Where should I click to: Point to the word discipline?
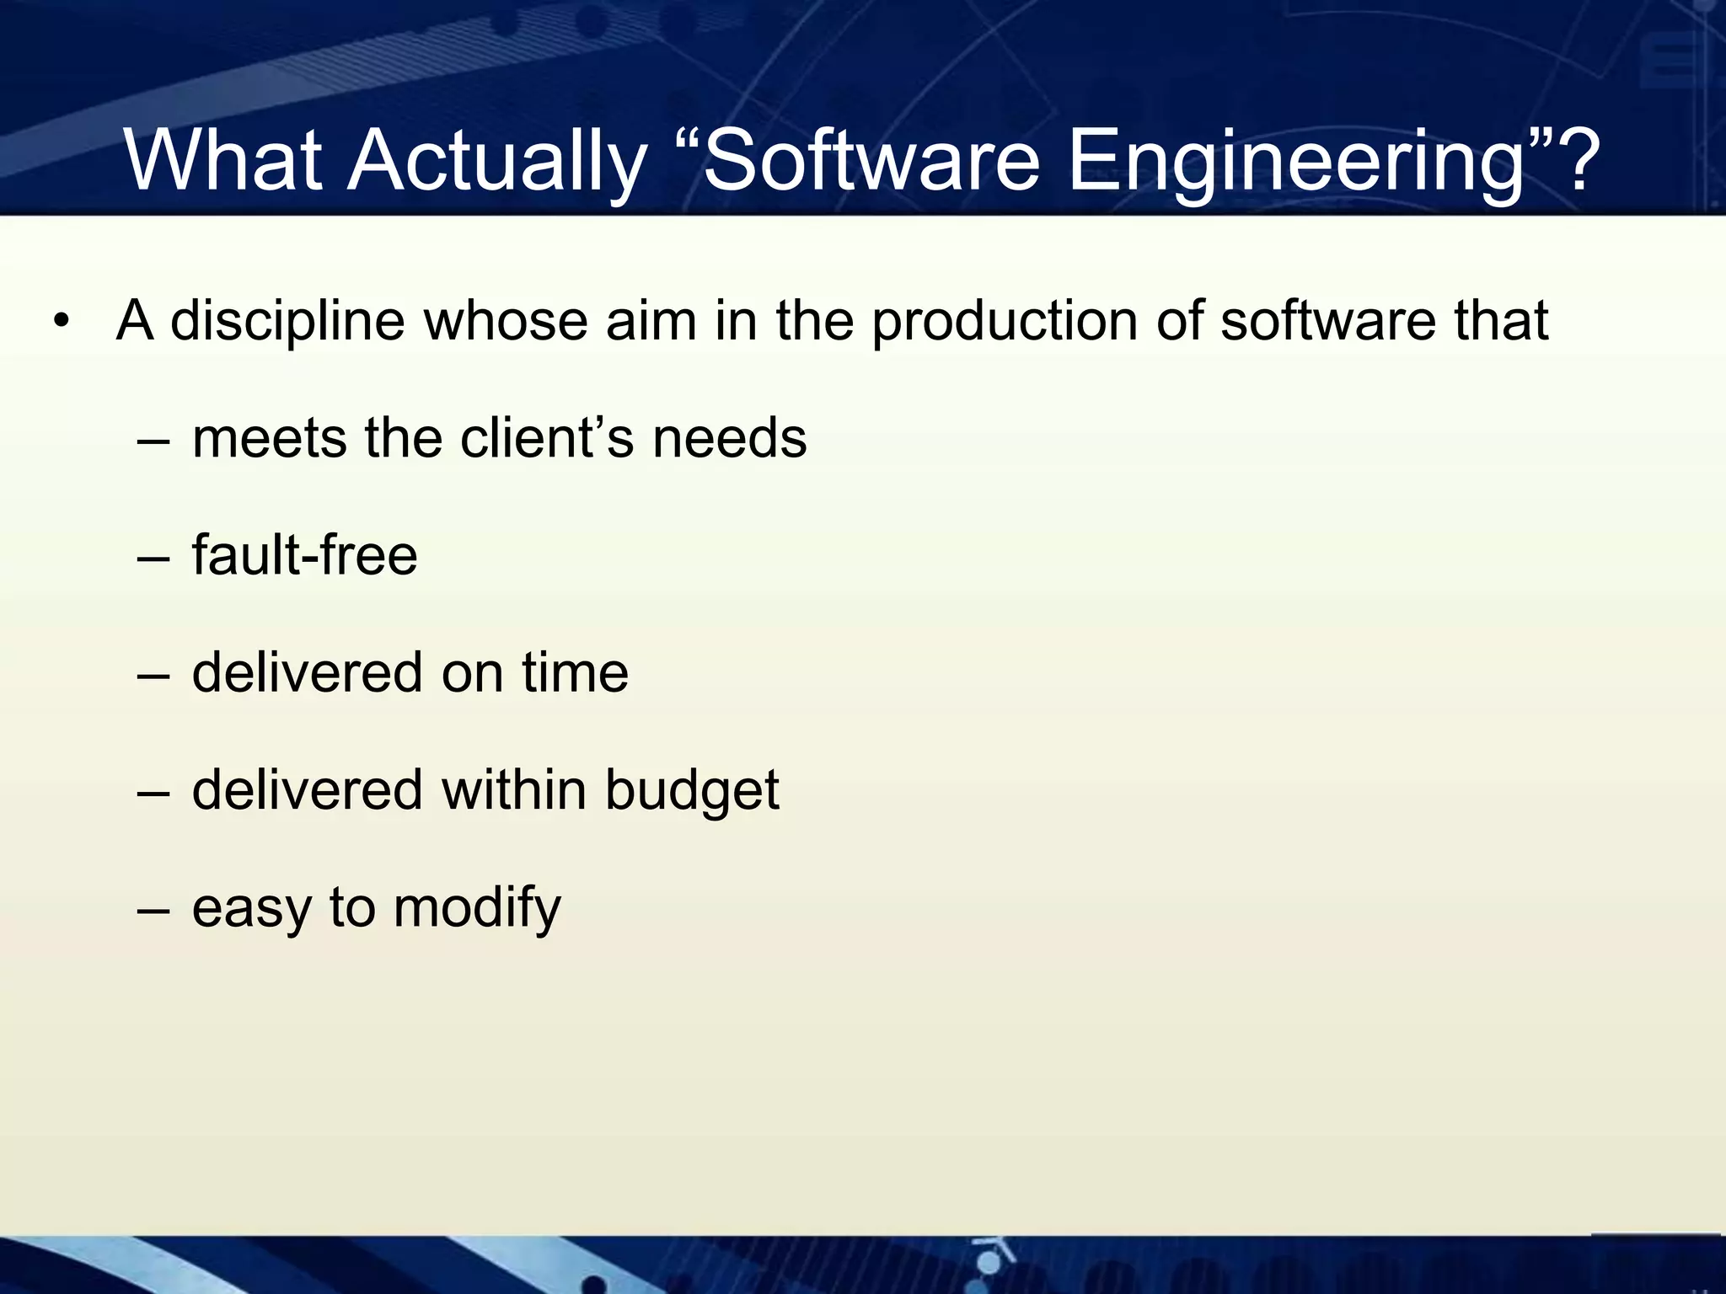(287, 322)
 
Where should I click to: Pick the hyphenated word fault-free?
(304, 555)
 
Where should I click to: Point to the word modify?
(477, 908)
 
